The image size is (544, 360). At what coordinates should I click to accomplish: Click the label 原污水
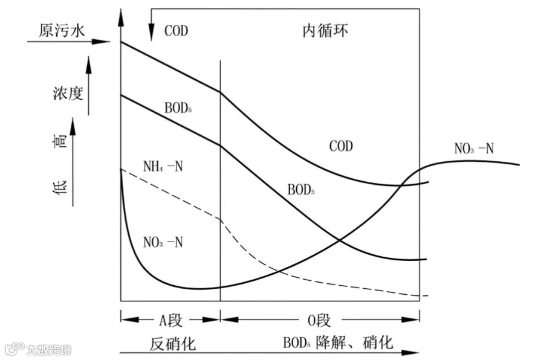[x=62, y=31]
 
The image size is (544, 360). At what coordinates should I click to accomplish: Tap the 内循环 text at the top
[x=325, y=31]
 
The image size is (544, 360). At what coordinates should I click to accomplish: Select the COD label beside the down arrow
[x=176, y=31]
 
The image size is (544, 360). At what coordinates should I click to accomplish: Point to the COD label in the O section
[x=341, y=146]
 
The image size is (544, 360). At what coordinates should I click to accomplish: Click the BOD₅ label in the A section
[x=178, y=108]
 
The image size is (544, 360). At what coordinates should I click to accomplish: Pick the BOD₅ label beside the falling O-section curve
[x=301, y=190]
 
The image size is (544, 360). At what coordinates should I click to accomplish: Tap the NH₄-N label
[x=163, y=167]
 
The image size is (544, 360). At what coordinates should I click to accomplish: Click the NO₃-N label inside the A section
[x=163, y=242]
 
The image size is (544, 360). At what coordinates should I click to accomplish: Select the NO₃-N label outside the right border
[x=474, y=149]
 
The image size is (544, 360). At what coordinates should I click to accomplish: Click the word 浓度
[x=68, y=93]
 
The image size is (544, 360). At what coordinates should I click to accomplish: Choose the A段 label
[x=170, y=321]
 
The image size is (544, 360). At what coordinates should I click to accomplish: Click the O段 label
[x=319, y=321]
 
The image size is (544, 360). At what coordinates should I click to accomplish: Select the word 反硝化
[x=172, y=344]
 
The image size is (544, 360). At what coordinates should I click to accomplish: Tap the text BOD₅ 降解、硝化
[x=338, y=342]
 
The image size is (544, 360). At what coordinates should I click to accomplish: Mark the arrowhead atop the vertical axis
[x=121, y=18]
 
